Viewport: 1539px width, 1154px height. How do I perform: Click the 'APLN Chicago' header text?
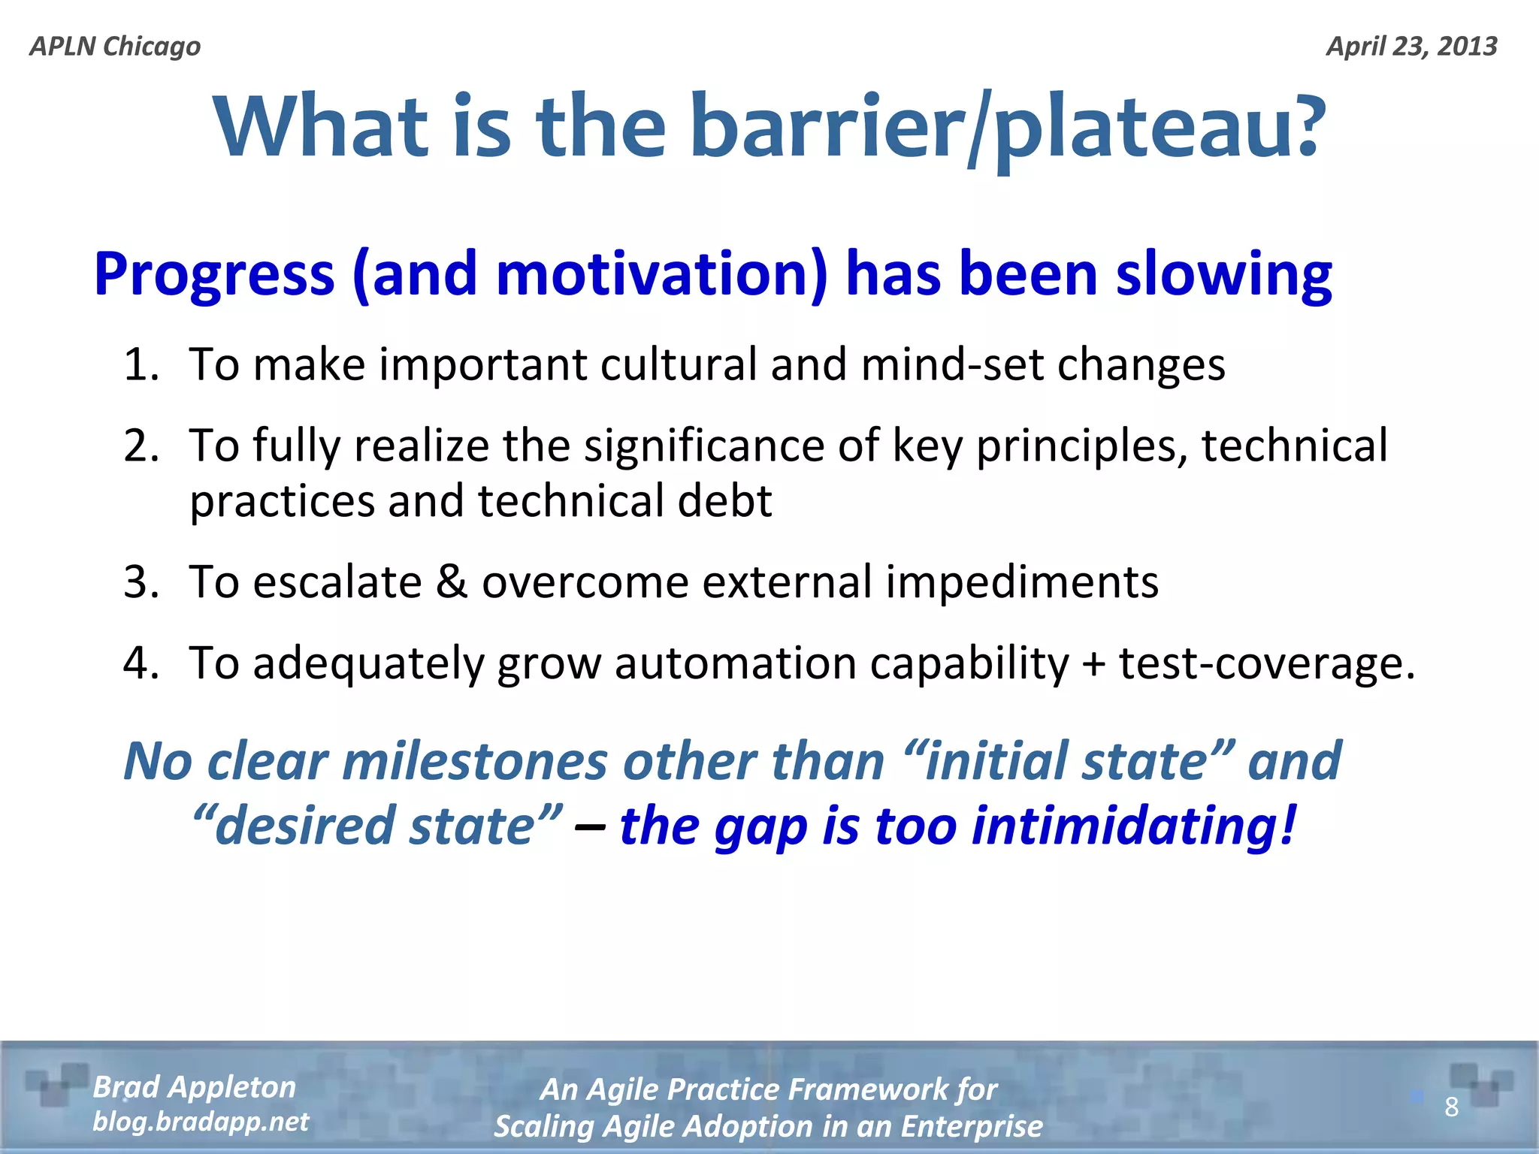(115, 47)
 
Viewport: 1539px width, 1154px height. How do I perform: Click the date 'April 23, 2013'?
(1411, 47)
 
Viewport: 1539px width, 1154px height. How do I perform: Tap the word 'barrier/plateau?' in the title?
(1007, 128)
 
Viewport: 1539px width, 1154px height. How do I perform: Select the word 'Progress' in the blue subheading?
(214, 274)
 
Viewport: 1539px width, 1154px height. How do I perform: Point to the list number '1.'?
(141, 365)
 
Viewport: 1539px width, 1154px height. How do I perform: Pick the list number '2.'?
(141, 446)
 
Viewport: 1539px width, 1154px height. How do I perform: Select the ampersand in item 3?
(452, 582)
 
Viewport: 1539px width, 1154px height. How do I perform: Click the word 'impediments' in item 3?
(1022, 583)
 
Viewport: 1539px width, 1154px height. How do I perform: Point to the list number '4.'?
(141, 664)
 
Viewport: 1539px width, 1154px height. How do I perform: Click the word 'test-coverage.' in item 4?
(1267, 664)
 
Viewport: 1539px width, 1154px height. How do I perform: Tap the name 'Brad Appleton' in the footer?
(194, 1087)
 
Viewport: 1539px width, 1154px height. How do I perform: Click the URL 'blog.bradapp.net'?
(201, 1122)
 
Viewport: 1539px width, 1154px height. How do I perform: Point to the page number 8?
(1451, 1107)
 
